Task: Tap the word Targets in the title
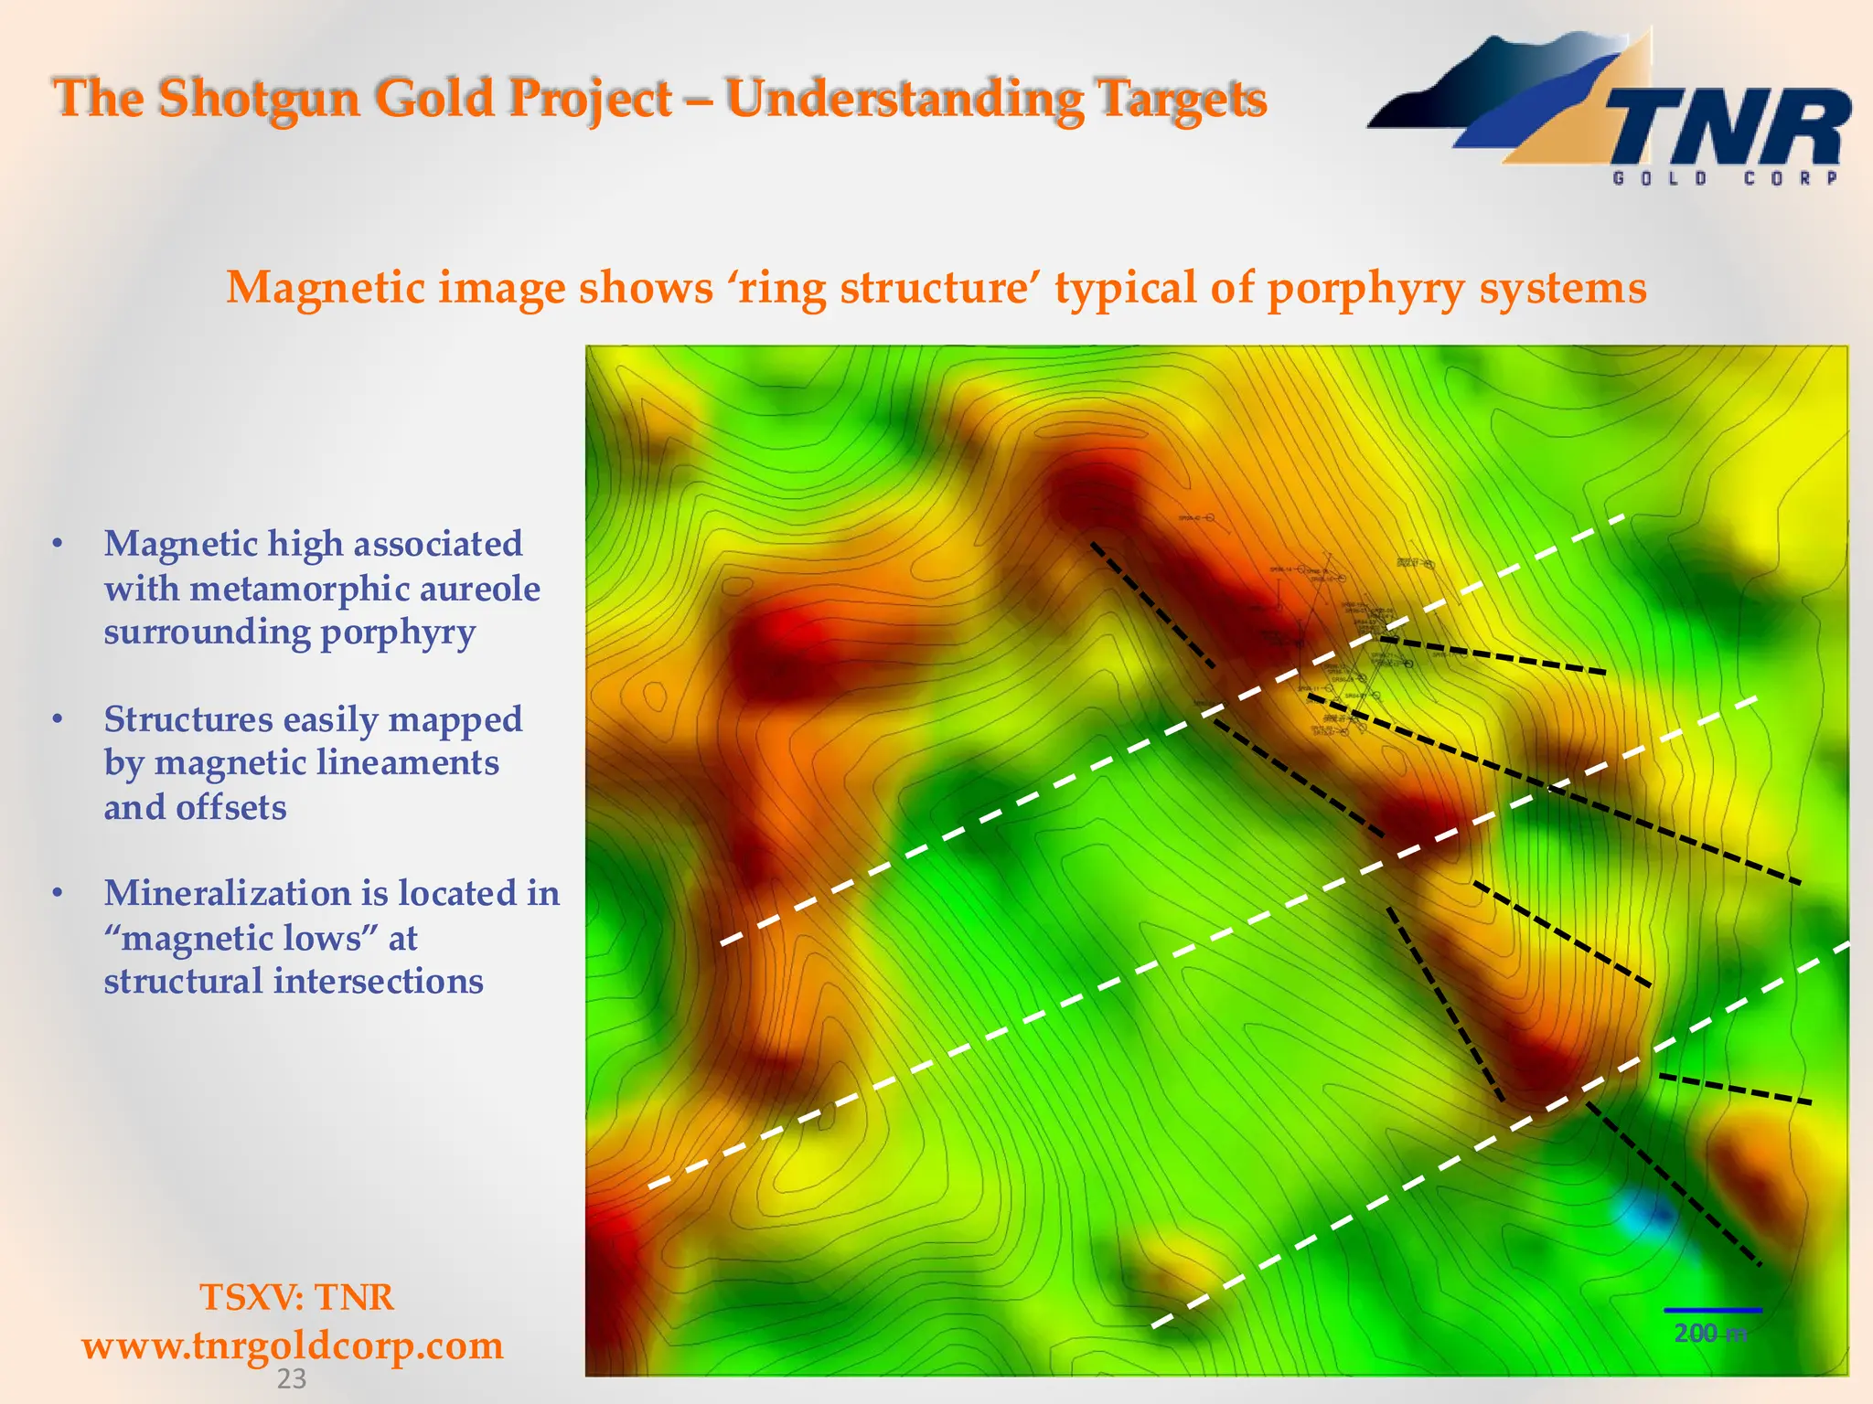[1180, 98]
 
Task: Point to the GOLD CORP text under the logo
[1725, 178]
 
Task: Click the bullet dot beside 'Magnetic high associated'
[58, 544]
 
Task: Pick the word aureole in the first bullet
[479, 588]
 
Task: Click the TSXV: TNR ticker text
[296, 1297]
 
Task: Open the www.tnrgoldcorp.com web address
[293, 1345]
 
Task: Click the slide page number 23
[291, 1379]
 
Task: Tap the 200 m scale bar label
[1709, 1334]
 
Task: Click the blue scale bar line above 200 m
[1712, 1311]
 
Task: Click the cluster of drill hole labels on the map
[1344, 640]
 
